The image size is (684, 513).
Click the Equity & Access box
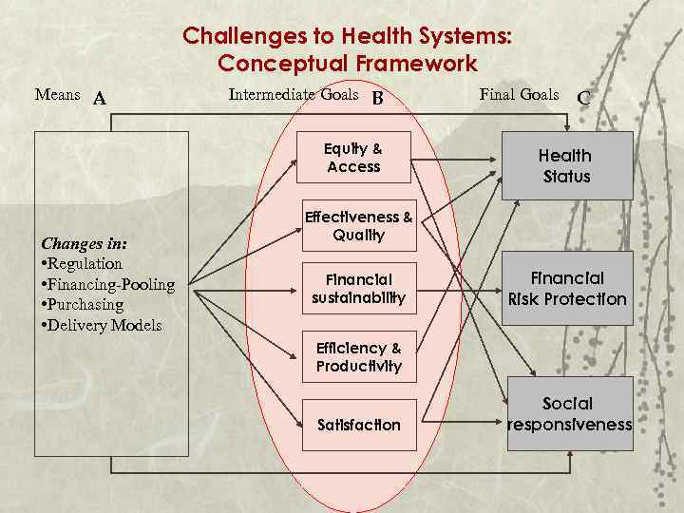[x=353, y=158]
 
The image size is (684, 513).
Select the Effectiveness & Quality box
[x=358, y=226]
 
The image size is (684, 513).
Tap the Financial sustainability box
[x=358, y=288]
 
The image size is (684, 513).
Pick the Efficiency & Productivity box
[x=358, y=357]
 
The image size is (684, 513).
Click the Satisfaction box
[x=358, y=425]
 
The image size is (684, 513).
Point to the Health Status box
[x=566, y=166]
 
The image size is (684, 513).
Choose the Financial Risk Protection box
[x=567, y=289]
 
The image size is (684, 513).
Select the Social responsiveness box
[x=568, y=414]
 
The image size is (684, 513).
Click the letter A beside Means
[x=100, y=99]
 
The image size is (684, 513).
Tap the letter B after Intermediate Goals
[x=377, y=98]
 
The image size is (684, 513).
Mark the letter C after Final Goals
[x=583, y=98]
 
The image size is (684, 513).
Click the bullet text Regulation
[x=85, y=263]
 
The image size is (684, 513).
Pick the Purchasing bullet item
[x=86, y=305]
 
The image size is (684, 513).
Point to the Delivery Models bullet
[x=104, y=326]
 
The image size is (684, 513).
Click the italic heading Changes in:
[x=85, y=242]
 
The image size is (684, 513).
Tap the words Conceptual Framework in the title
[x=347, y=64]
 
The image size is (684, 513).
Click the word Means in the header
[x=57, y=94]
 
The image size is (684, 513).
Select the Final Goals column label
[x=519, y=94]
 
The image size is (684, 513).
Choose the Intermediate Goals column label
[x=294, y=94]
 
